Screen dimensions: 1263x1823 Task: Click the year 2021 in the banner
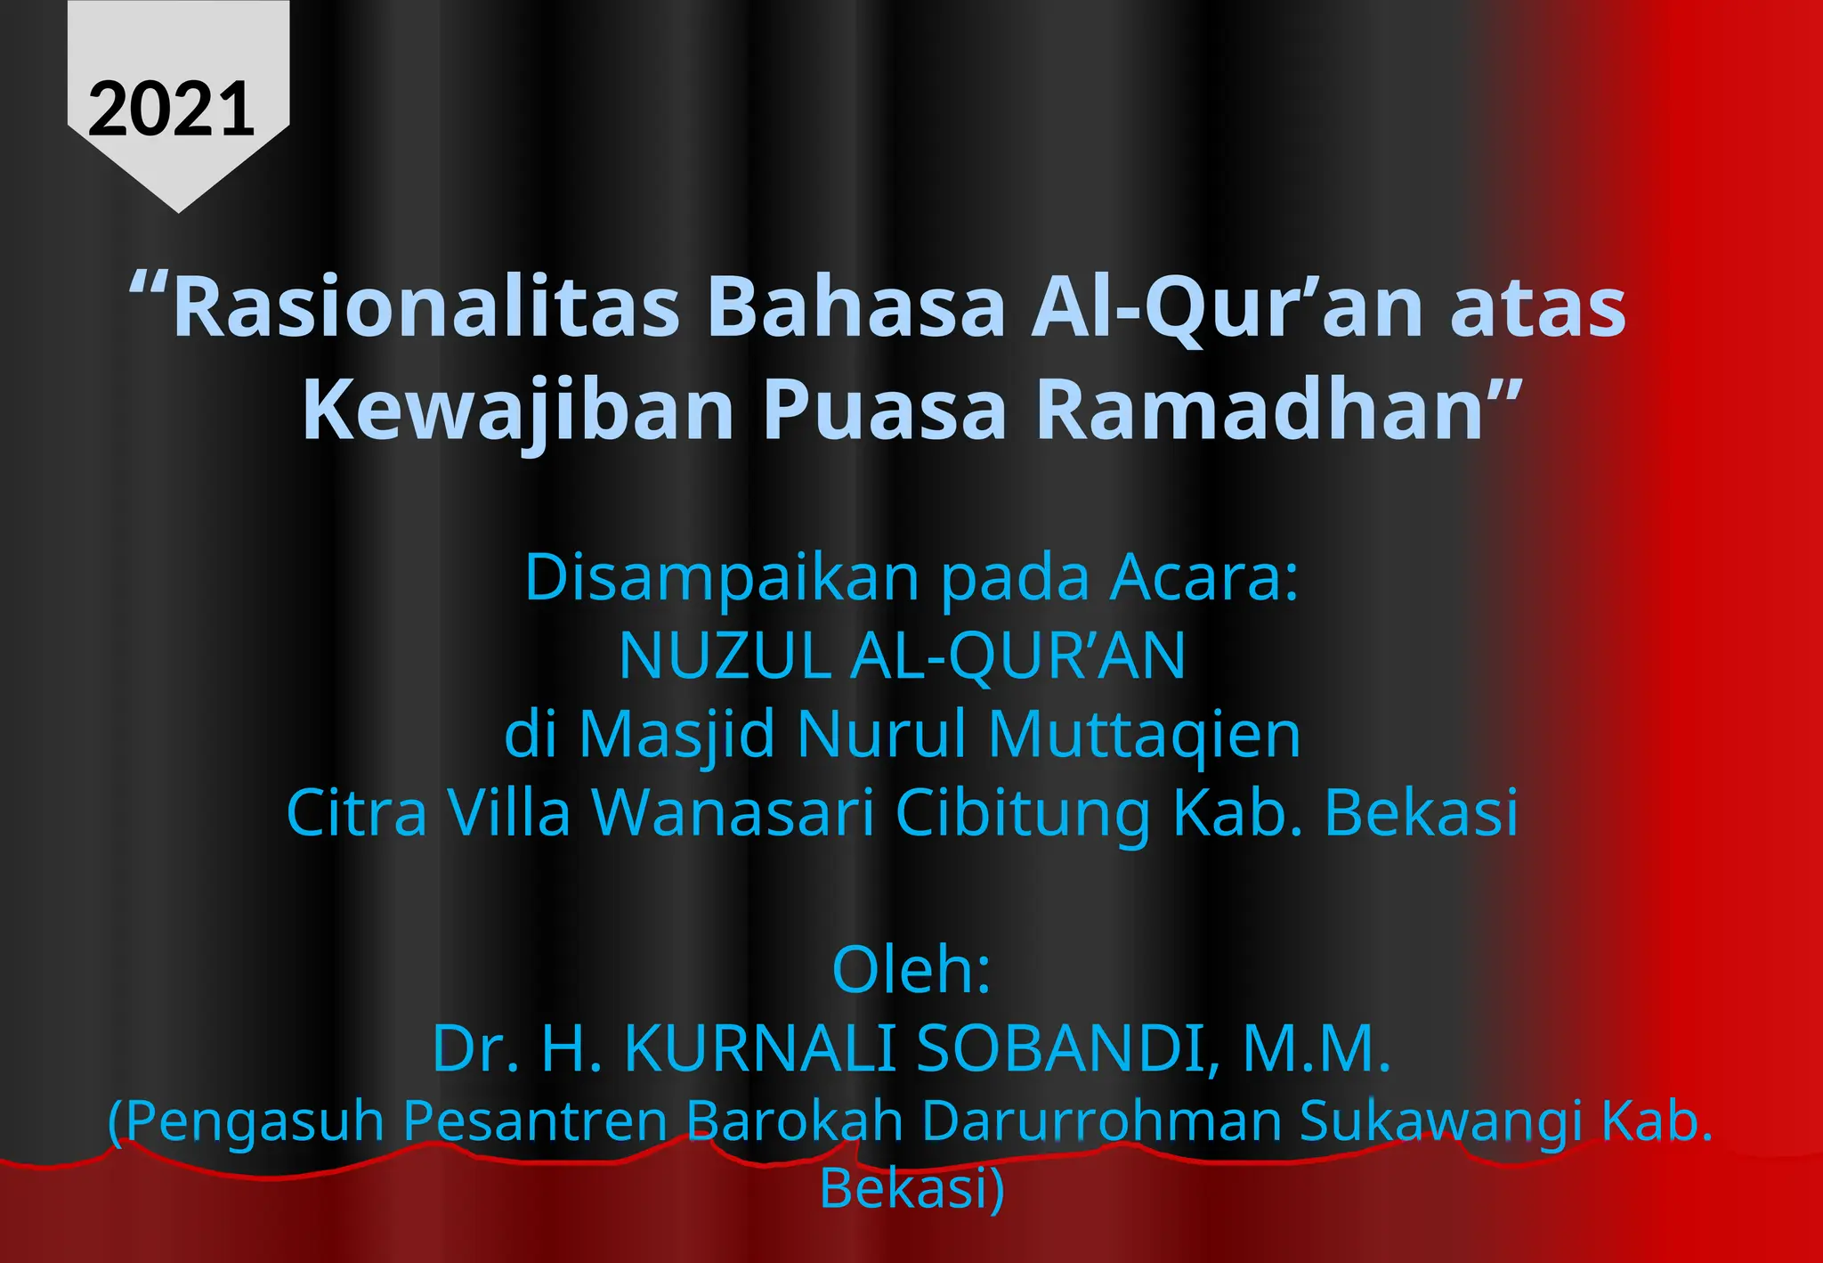pyautogui.click(x=172, y=110)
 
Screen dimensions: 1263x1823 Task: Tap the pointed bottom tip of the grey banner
pyautogui.click(x=178, y=208)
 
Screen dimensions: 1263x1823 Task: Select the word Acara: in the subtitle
pyautogui.click(x=1203, y=578)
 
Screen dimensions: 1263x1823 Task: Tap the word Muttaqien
pyautogui.click(x=1145, y=735)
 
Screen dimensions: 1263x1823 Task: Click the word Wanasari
pyautogui.click(x=733, y=812)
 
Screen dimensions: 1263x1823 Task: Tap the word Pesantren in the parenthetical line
pyautogui.click(x=535, y=1120)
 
